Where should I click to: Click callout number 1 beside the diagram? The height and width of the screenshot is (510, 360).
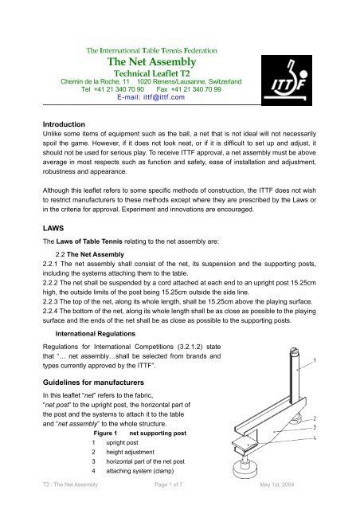(342, 362)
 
